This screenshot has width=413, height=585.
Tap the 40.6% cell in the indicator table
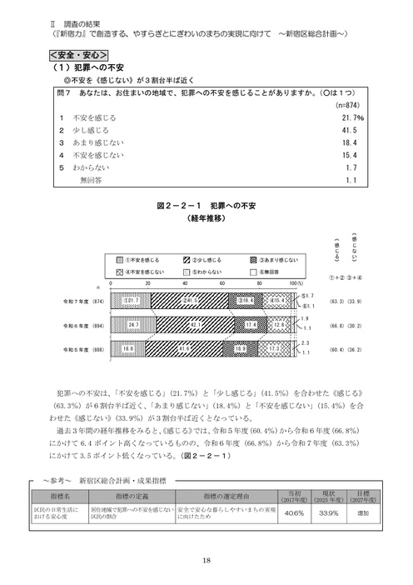point(293,512)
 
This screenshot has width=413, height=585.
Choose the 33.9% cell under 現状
point(329,512)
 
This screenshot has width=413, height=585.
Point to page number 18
point(206,561)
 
